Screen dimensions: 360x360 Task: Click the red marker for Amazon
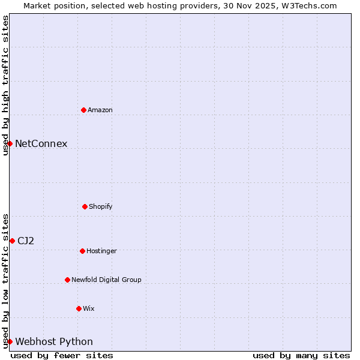(x=83, y=110)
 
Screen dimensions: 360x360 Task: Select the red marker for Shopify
(x=85, y=206)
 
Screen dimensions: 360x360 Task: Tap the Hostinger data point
(x=82, y=251)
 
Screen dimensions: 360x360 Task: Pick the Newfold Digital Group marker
(x=67, y=280)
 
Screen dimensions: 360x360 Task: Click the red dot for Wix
(x=79, y=308)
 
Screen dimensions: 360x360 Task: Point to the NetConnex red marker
(x=10, y=143)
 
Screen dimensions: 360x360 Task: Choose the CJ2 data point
(x=12, y=241)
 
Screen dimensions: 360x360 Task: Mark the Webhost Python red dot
(x=10, y=341)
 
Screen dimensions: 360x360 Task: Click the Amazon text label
(x=100, y=110)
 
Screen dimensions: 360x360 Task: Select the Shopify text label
(x=101, y=206)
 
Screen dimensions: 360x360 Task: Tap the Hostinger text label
(x=101, y=251)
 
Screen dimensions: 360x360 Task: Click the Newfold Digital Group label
(x=106, y=280)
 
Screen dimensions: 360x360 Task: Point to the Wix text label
(x=89, y=308)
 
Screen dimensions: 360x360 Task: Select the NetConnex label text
(x=41, y=143)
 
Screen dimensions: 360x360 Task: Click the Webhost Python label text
(x=54, y=341)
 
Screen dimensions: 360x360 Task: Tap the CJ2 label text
(x=26, y=241)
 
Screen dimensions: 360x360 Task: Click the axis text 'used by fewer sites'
(x=62, y=355)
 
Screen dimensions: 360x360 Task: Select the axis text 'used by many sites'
(x=301, y=355)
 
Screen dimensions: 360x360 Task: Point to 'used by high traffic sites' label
(x=5, y=85)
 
